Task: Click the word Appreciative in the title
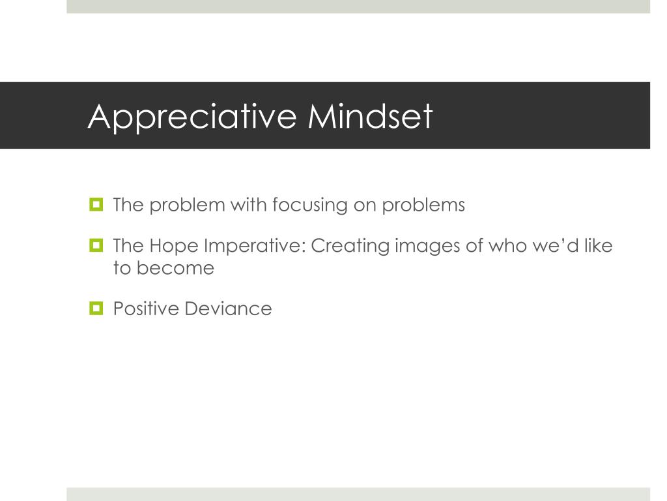[192, 117]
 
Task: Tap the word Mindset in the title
[370, 116]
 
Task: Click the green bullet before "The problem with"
[96, 205]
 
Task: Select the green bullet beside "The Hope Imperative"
[96, 246]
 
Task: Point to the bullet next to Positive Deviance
[96, 308]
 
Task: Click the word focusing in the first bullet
[309, 205]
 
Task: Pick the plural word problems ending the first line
[423, 205]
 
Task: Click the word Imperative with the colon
[254, 247]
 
